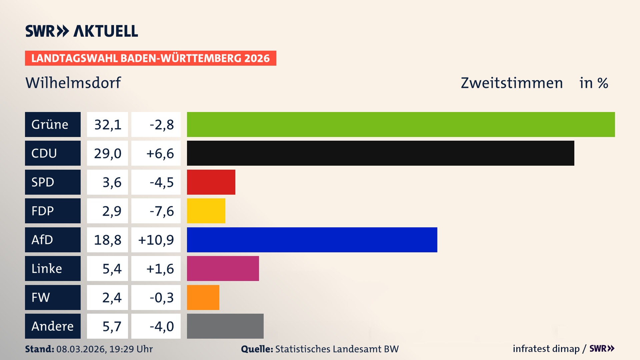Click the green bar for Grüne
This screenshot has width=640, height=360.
click(401, 124)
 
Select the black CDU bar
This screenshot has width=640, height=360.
click(380, 153)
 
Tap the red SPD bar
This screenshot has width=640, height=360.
click(211, 182)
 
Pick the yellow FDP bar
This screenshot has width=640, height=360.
click(206, 211)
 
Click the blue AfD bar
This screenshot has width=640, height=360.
click(312, 240)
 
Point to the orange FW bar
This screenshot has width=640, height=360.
click(203, 297)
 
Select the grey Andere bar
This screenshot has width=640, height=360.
click(225, 326)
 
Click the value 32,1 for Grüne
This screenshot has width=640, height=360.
click(107, 125)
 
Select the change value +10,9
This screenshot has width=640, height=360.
click(156, 240)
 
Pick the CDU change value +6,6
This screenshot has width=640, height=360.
click(160, 153)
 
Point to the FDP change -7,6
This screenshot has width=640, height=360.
click(162, 211)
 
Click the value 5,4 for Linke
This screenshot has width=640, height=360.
click(112, 269)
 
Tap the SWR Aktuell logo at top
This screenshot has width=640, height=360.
click(81, 31)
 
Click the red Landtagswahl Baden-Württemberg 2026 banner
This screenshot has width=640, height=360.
click(150, 58)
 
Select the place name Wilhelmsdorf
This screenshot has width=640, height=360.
click(73, 83)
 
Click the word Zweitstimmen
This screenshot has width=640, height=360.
click(512, 83)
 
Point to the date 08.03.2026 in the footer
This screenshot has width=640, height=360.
click(81, 349)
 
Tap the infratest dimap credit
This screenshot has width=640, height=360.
click(546, 349)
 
